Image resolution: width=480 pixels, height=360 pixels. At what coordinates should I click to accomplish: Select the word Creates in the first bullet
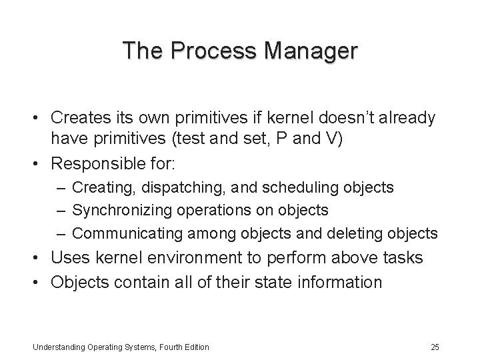[x=80, y=118]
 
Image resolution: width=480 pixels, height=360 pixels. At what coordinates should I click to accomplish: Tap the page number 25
[x=435, y=347]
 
